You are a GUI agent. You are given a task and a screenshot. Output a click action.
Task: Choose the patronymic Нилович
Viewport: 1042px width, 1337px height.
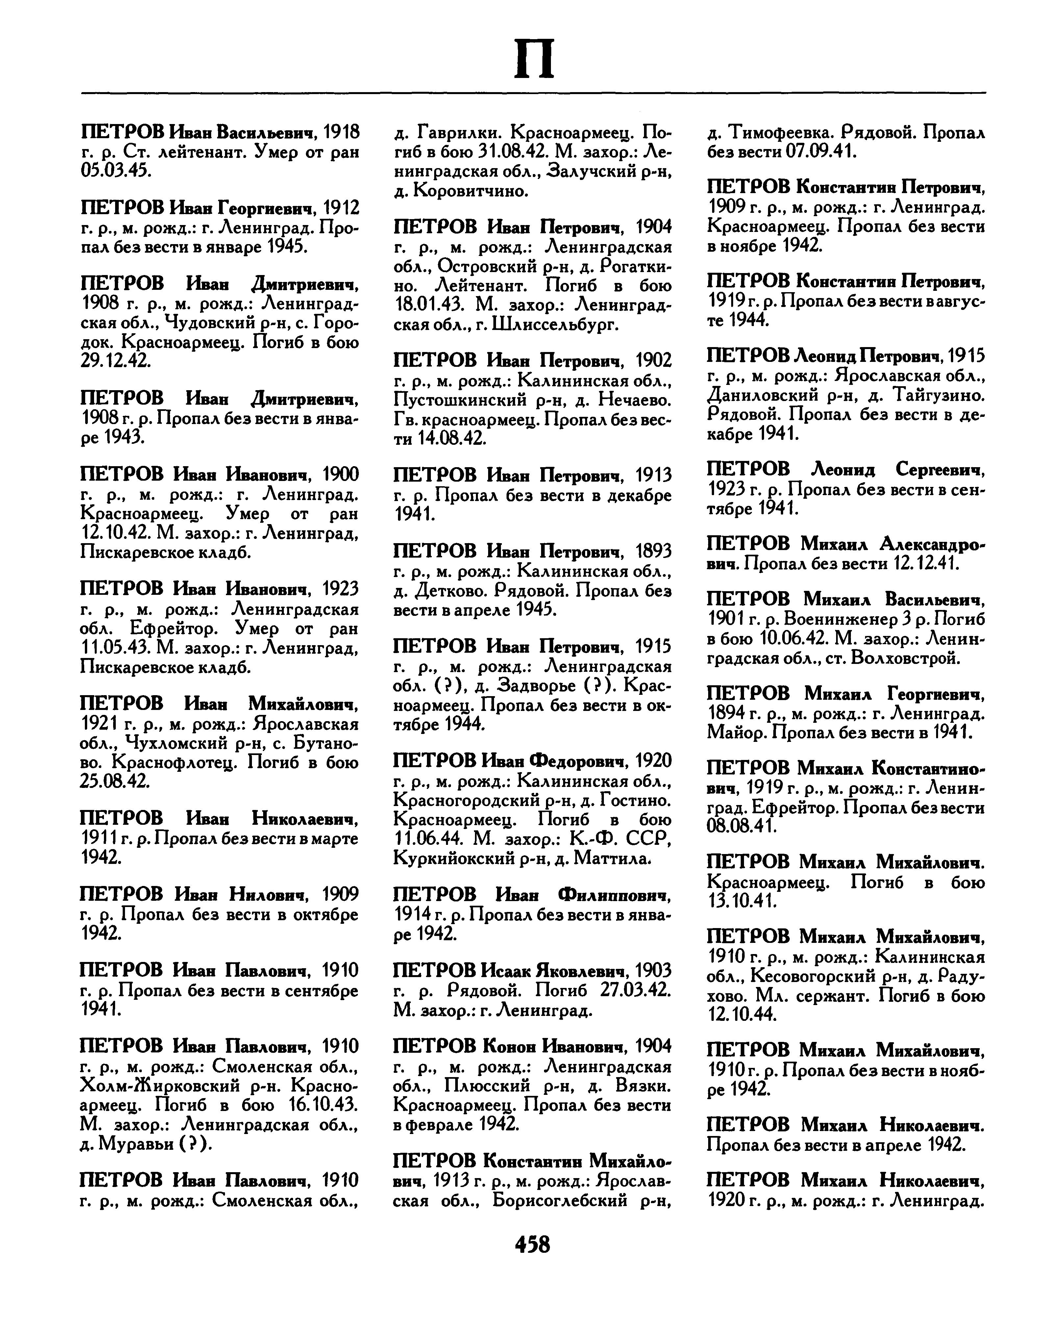pyautogui.click(x=267, y=895)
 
